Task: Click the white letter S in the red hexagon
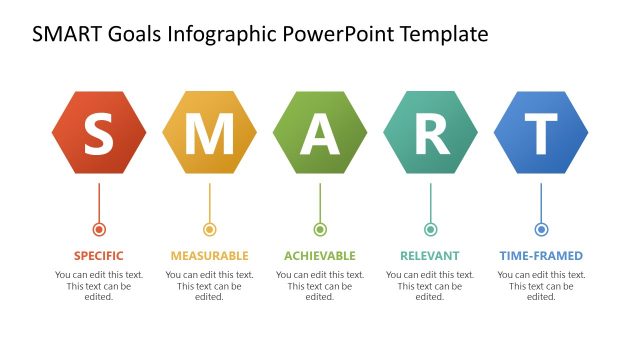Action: coord(98,134)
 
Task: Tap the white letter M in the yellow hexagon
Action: coord(209,134)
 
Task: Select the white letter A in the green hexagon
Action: coord(320,134)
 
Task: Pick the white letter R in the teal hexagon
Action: coord(431,134)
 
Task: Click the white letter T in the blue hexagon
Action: coord(541,134)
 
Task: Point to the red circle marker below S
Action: coord(98,229)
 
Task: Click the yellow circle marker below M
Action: coord(209,229)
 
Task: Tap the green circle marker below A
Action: coord(320,229)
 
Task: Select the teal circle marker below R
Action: coord(431,229)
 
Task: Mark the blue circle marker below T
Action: coord(541,229)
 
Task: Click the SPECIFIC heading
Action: coord(98,256)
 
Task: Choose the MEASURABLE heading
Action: coord(209,256)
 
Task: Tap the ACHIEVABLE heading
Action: coord(320,256)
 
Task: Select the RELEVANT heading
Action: coord(430,256)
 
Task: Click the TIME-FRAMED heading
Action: coord(541,256)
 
